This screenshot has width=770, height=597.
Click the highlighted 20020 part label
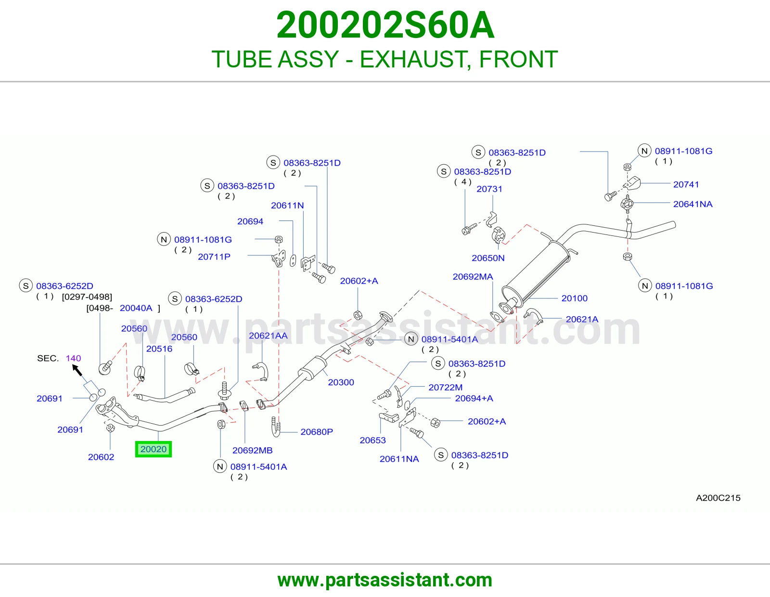(154, 449)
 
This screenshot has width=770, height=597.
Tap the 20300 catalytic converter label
(341, 382)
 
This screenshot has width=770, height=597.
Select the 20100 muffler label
(575, 298)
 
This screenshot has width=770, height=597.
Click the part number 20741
(686, 184)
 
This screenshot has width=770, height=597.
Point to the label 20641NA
(693, 204)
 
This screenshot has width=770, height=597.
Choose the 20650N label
(488, 258)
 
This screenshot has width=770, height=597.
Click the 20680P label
(317, 432)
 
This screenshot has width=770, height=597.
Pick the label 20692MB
(252, 450)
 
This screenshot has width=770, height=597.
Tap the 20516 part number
(159, 349)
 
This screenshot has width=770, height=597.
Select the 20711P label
(214, 257)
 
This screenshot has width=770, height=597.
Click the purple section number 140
(73, 358)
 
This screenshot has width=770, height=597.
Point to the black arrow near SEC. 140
(77, 370)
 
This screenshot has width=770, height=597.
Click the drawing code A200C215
(718, 498)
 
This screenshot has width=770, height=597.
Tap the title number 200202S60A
(385, 25)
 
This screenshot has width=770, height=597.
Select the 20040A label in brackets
(136, 308)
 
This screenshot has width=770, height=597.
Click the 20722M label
(446, 387)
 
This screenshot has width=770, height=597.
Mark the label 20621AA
(268, 336)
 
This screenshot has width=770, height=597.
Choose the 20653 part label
(373, 441)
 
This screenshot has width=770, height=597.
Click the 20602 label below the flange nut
(101, 457)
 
